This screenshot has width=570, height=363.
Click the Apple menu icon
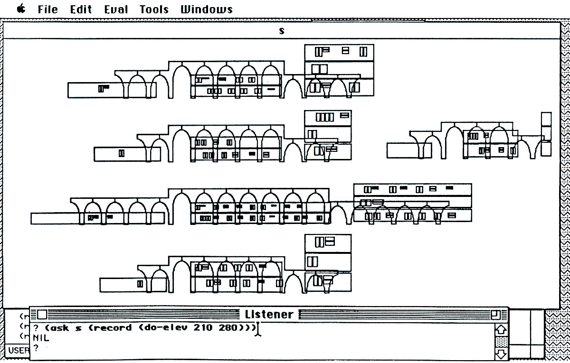pyautogui.click(x=20, y=9)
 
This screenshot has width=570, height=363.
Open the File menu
pyautogui.click(x=47, y=9)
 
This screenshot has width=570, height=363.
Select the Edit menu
pyautogui.click(x=81, y=9)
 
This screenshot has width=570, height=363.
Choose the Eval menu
pyautogui.click(x=116, y=9)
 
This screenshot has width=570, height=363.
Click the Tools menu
pyautogui.click(x=154, y=9)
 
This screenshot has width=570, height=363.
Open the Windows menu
pyautogui.click(x=207, y=9)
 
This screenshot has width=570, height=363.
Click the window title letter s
pyautogui.click(x=282, y=30)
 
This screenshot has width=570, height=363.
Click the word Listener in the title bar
pyautogui.click(x=269, y=314)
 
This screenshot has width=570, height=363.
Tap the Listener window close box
pyautogui.click(x=42, y=314)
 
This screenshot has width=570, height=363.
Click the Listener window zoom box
pyautogui.click(x=495, y=314)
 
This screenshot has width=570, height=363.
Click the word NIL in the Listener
pyautogui.click(x=41, y=338)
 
